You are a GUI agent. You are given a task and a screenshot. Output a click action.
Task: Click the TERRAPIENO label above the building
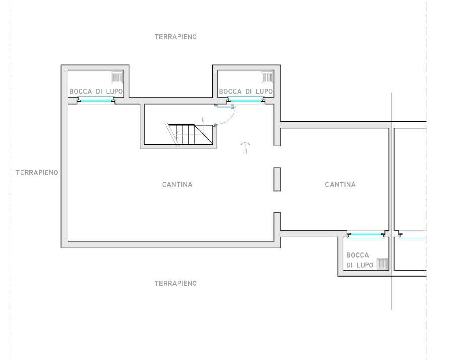(176, 37)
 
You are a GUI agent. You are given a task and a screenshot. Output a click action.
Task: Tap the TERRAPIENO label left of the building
(37, 172)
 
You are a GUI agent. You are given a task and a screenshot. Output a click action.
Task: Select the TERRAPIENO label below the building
(176, 283)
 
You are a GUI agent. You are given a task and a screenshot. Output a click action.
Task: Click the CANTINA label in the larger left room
(177, 185)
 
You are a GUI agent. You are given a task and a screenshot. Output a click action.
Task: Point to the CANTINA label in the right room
(340, 185)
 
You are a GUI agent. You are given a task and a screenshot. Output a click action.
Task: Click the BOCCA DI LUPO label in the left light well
(96, 91)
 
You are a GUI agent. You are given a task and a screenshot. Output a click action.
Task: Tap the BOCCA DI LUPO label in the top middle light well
(246, 91)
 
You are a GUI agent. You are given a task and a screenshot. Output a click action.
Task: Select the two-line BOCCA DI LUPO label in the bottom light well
(360, 260)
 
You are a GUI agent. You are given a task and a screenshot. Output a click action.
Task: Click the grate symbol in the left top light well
(117, 78)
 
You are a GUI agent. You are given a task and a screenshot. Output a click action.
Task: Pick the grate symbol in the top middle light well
(267, 78)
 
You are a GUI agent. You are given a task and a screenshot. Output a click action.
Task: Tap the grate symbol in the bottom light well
(382, 264)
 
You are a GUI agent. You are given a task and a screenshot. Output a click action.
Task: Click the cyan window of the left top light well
(96, 101)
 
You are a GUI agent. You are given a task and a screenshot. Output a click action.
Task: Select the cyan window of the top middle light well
(246, 101)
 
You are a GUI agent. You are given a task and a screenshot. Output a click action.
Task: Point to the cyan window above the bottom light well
(366, 234)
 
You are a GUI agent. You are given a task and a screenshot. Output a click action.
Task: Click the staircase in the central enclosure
(188, 134)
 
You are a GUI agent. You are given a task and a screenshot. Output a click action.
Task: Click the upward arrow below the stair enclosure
(245, 148)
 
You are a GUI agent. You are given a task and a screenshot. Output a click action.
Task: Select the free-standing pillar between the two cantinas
(277, 179)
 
